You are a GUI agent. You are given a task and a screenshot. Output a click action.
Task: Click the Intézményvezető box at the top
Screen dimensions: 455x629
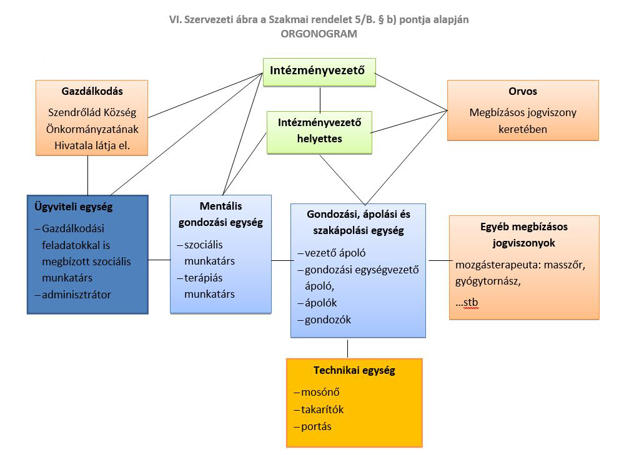pos(319,72)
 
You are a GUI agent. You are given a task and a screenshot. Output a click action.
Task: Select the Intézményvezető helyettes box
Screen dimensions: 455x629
pos(319,131)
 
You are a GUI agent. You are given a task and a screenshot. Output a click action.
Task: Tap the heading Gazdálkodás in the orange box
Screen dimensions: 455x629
pos(92,92)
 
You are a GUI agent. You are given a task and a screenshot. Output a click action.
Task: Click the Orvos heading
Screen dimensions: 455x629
pos(523,92)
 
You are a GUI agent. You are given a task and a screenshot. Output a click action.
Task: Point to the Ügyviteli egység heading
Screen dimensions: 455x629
pos(74,207)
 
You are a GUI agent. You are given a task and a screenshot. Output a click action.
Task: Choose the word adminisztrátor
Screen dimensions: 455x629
pos(76,295)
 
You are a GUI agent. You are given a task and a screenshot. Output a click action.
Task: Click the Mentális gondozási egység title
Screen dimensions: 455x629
pos(220,213)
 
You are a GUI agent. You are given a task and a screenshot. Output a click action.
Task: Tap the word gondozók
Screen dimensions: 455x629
pos(328,320)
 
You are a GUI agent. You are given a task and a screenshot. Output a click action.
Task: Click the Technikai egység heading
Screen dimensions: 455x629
pos(354,370)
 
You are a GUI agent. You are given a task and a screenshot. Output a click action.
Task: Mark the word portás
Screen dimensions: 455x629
pos(316,427)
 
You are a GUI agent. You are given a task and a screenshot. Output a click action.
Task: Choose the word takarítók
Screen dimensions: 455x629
pos(322,409)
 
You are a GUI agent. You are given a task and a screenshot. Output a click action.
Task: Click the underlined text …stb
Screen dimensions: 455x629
pos(467,303)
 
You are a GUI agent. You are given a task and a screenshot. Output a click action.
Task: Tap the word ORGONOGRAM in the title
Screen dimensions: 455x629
pos(319,34)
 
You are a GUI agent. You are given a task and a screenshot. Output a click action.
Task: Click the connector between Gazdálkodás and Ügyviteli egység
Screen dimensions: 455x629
pos(87,175)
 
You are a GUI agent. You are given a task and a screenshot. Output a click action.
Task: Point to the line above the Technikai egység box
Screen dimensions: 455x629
pos(348,348)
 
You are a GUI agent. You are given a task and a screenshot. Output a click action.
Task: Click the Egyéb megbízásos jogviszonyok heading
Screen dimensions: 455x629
pos(524,235)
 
